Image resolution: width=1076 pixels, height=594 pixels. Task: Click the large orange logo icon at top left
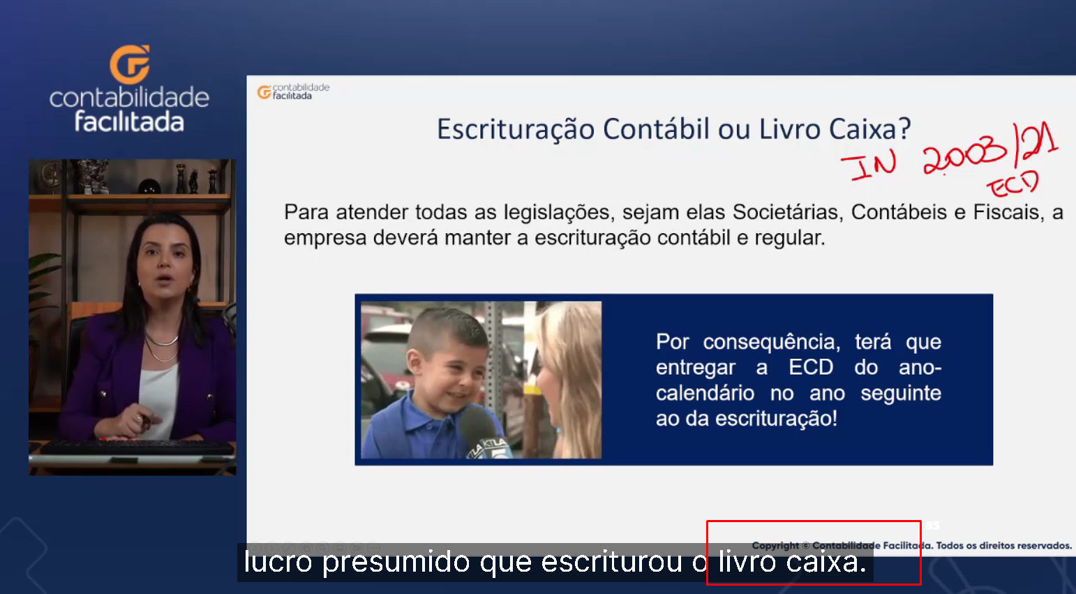point(130,64)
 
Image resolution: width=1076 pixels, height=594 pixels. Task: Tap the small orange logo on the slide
point(264,92)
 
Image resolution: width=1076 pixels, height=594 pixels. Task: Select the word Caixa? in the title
point(870,129)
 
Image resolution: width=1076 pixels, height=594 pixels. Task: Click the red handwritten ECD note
point(1013,184)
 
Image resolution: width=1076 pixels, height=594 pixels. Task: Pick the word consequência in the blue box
point(772,342)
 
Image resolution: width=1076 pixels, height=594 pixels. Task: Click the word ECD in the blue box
point(811,368)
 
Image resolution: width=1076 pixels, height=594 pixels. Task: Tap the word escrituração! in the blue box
point(776,419)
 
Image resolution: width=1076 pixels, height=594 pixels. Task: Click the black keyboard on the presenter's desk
point(137,448)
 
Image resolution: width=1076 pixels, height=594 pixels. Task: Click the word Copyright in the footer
point(775,546)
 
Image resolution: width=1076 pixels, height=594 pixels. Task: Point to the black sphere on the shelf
point(149,186)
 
